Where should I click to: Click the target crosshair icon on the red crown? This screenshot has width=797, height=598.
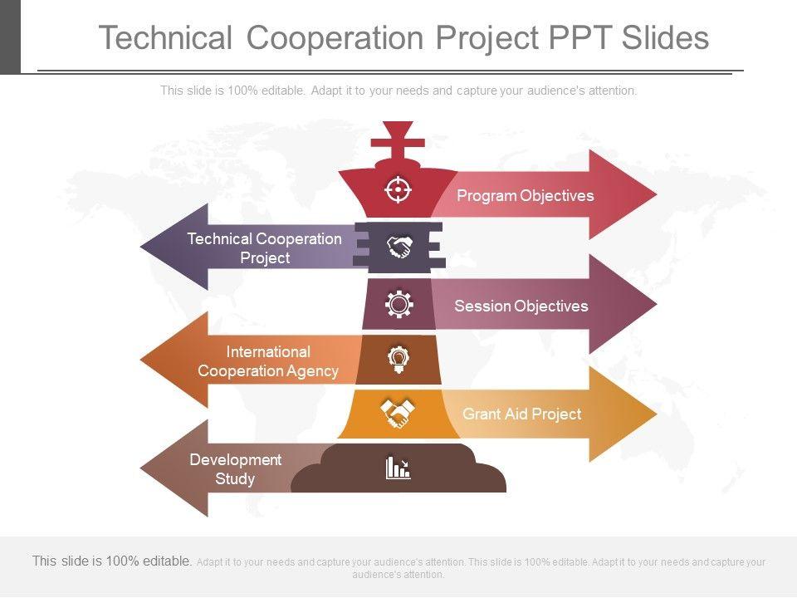(398, 190)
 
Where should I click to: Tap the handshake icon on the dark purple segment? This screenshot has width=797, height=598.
(399, 247)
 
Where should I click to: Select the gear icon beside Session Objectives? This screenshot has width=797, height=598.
(399, 305)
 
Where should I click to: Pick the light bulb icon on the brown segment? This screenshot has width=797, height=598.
(399, 359)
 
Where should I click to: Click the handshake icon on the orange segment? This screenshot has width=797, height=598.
(398, 413)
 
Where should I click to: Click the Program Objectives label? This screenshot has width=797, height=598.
(526, 196)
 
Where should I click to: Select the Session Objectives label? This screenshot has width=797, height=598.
(521, 306)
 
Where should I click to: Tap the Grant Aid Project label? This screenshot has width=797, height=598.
(521, 414)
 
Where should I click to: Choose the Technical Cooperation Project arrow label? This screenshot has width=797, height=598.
(265, 248)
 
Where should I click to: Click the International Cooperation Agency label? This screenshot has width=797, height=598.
(268, 361)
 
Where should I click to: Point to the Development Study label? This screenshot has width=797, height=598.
(236, 469)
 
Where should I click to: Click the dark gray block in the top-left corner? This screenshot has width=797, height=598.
(10, 37)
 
